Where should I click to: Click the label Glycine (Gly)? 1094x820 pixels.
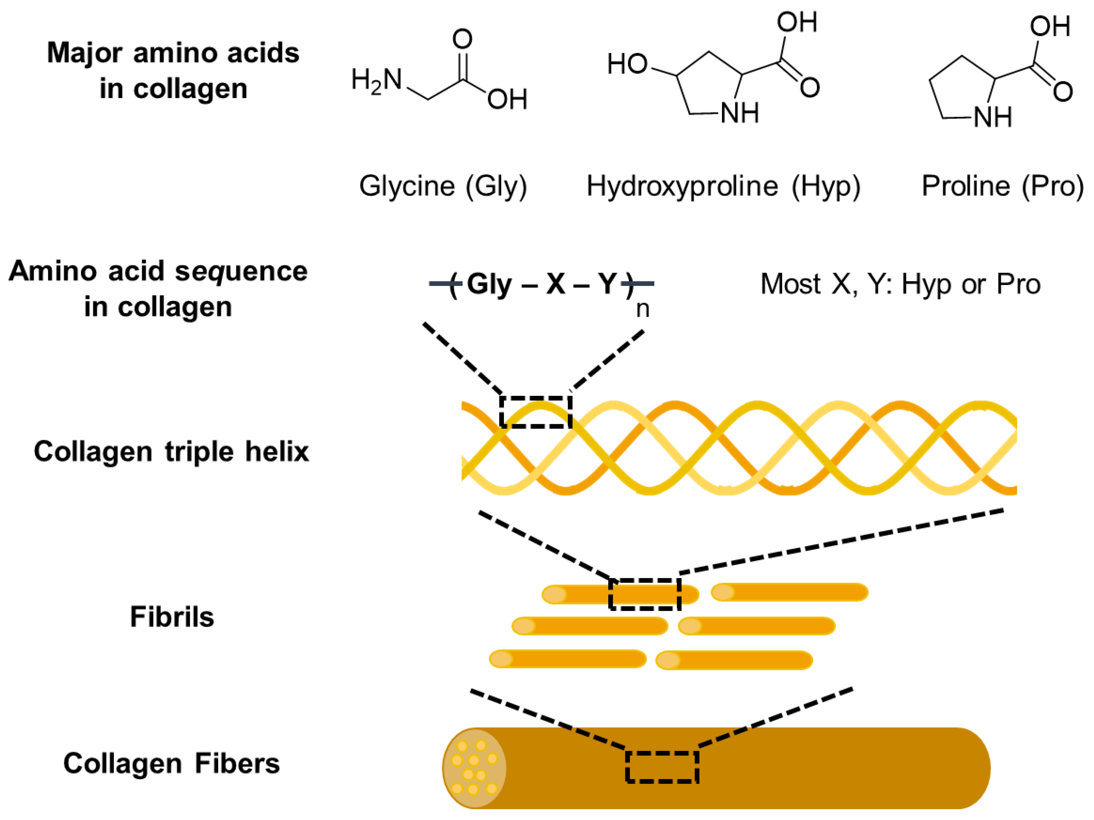[x=442, y=186]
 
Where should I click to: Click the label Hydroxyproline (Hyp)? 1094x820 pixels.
[x=723, y=186]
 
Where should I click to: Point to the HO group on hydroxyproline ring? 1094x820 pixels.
[x=627, y=64]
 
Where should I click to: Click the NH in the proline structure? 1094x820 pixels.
[x=992, y=118]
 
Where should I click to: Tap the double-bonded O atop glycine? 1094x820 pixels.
[x=462, y=39]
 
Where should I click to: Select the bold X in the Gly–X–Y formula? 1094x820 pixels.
[x=556, y=284]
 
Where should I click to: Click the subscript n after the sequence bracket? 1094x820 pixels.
[x=642, y=309]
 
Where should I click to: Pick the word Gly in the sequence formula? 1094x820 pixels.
[x=489, y=284]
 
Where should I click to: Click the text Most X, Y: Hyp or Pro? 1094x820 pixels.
[x=900, y=284]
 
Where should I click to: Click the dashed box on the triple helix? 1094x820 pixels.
[x=536, y=412]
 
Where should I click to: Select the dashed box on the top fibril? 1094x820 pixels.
[x=645, y=594]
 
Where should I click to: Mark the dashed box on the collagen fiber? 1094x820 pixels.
[x=662, y=767]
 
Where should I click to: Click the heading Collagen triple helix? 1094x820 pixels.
[x=171, y=452]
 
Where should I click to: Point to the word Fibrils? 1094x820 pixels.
[x=172, y=617]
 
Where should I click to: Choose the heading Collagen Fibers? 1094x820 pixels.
[x=171, y=763]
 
